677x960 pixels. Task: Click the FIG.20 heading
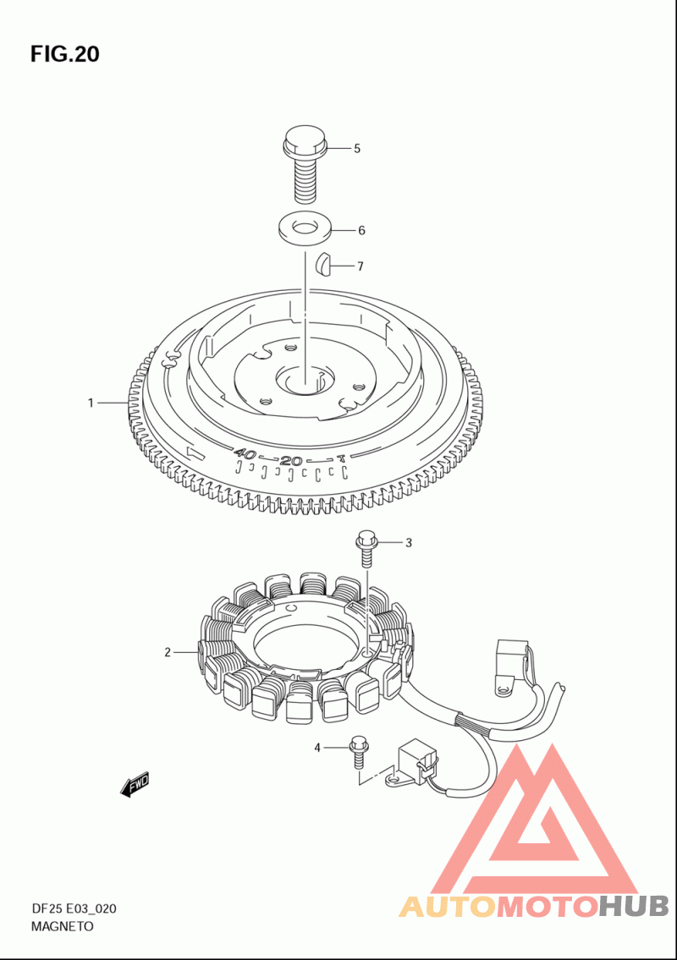[65, 54]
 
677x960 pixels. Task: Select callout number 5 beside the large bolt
[356, 149]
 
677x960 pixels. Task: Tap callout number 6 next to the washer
[361, 230]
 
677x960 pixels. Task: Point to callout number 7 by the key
[361, 266]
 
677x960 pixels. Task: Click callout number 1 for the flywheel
[91, 403]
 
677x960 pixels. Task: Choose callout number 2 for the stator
[168, 653]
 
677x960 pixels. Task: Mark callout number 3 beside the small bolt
[409, 542]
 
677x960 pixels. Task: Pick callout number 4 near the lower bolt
[317, 748]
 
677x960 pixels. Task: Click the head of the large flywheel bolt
[305, 140]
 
